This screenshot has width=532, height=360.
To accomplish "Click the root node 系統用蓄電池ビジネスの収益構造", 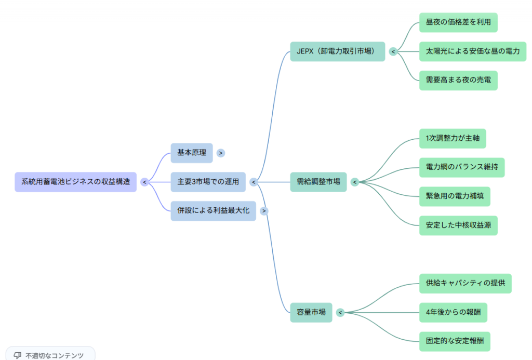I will [75, 182].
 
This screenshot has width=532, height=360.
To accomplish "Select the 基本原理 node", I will [192, 153].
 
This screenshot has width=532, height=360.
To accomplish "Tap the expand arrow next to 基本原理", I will [221, 153].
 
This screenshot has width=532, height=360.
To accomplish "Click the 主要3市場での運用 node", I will [208, 182].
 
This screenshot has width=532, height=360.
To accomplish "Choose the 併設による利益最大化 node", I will [213, 211].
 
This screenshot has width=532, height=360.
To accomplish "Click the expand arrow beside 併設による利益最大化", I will [264, 211].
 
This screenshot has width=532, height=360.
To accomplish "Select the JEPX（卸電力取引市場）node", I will [337, 51].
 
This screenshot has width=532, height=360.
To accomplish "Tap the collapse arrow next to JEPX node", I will [393, 51].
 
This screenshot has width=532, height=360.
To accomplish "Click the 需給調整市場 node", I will [318, 182].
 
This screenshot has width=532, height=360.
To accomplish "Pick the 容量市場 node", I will [311, 312].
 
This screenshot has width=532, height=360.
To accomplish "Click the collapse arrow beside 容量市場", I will [340, 312].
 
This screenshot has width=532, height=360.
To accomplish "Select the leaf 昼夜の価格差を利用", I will [458, 22].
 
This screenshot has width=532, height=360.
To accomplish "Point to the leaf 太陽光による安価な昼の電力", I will [472, 51].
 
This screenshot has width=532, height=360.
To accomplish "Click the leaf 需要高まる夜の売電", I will [458, 81].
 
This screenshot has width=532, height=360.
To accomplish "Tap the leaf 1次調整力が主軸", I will [452, 138].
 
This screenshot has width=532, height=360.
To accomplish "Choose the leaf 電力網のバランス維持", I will [461, 167].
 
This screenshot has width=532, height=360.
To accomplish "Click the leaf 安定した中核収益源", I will [458, 225].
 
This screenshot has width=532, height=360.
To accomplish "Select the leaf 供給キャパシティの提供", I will [465, 284].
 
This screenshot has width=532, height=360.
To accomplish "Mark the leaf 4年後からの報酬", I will [453, 312].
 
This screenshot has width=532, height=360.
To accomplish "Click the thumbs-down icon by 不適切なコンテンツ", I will [17, 355].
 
